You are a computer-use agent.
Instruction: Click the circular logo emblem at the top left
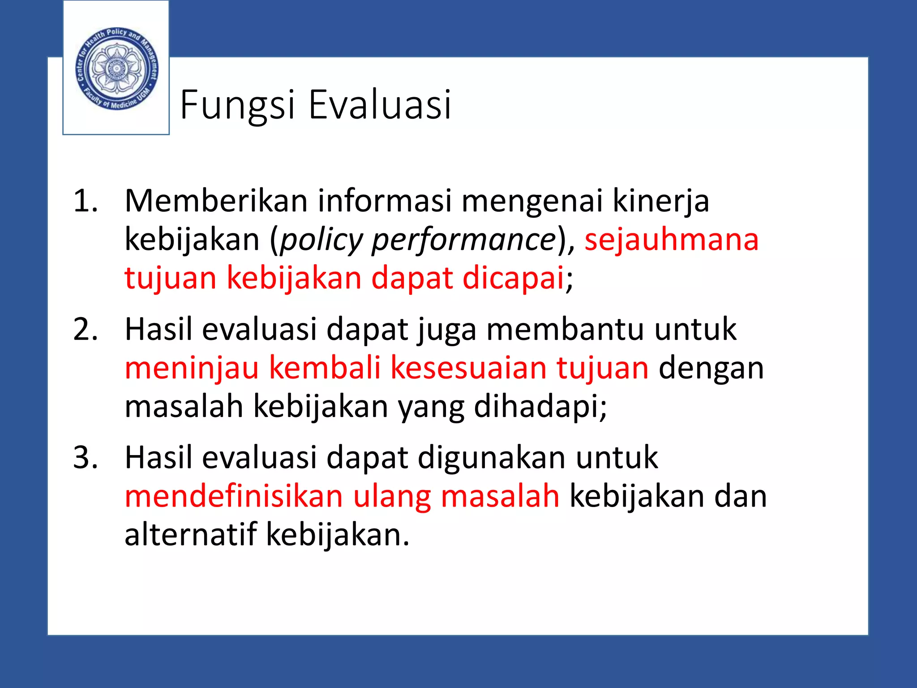coord(116,69)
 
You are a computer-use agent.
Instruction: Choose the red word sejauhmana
coord(672,239)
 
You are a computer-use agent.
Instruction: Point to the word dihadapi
coord(540,406)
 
